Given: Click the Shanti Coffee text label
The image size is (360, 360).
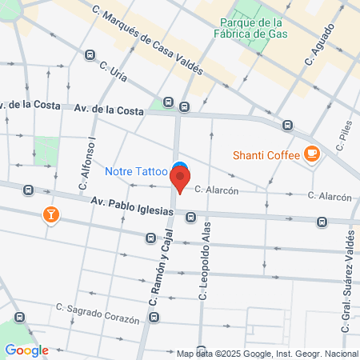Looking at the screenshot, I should pos(266,155).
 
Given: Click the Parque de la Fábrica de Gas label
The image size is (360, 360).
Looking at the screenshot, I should pos(253,28).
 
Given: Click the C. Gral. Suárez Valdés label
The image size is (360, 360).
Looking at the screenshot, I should pos(350,276).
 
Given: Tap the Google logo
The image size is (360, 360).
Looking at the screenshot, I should pos(26,350).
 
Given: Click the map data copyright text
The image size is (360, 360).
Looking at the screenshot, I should pos(267,354).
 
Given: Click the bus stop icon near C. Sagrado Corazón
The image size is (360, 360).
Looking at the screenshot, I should pos(154,318).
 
